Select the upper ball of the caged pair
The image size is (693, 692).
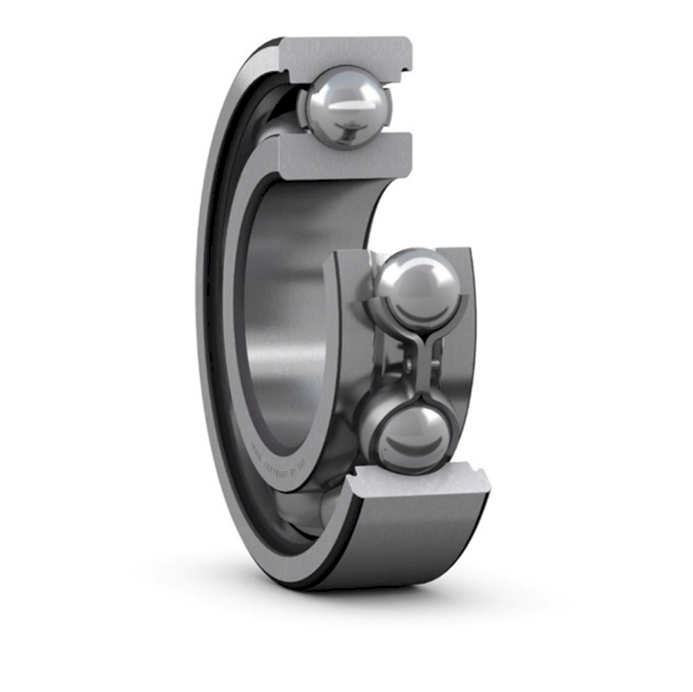coord(417,289)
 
